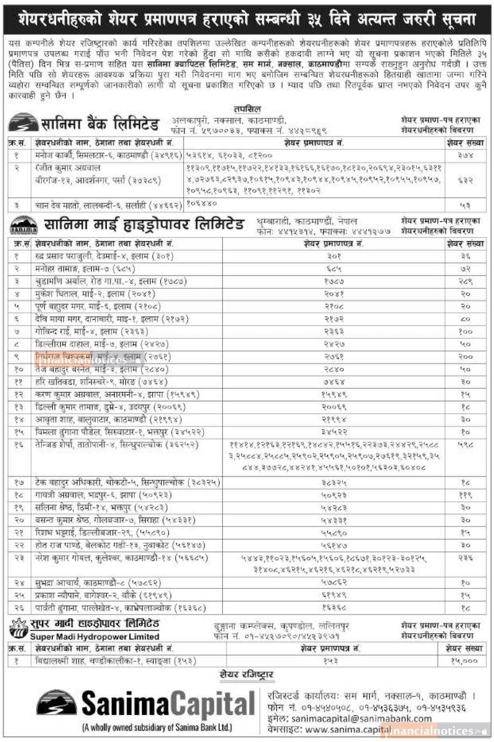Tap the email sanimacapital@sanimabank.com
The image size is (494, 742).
(x=361, y=719)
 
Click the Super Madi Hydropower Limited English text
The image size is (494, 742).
(x=95, y=636)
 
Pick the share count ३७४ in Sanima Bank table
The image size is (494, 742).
(x=465, y=156)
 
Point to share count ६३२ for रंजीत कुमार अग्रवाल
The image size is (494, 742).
(x=465, y=180)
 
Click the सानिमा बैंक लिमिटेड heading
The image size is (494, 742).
(x=100, y=124)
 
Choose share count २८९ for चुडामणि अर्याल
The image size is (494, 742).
(x=465, y=282)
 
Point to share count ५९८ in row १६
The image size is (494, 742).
(x=465, y=445)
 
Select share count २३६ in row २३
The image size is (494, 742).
(x=465, y=558)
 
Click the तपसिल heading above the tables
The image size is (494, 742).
(x=247, y=109)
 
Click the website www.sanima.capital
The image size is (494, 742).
(x=347, y=729)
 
